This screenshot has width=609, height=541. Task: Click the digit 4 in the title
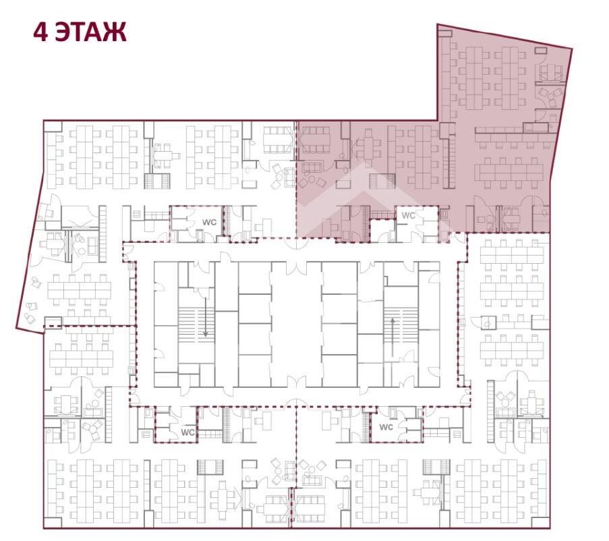[40, 32]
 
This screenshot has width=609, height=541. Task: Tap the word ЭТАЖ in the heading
[90, 32]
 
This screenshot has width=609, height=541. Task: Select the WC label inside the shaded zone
[408, 215]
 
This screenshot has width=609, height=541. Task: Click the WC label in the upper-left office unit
[209, 223]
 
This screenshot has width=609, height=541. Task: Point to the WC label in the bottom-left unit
[188, 432]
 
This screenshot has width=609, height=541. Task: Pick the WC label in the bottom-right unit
[386, 427]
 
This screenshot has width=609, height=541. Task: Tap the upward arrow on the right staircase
[393, 337]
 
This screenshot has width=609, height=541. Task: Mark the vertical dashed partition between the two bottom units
[296, 447]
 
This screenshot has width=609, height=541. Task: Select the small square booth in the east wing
[488, 322]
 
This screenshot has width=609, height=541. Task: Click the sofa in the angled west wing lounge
[93, 245]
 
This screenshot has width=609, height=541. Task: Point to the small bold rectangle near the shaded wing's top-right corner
[540, 50]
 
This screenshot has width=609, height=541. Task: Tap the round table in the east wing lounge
[505, 403]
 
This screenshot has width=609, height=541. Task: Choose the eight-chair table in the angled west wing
[79, 290]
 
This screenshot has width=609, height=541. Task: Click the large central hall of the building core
[296, 324]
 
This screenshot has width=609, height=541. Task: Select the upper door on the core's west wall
[158, 287]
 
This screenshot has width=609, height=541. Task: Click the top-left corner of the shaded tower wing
[438, 24]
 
